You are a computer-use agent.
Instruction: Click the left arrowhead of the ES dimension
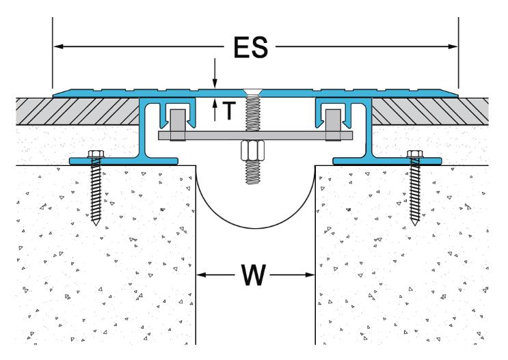tap(58, 46)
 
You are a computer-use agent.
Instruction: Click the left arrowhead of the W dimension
tap(200, 276)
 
